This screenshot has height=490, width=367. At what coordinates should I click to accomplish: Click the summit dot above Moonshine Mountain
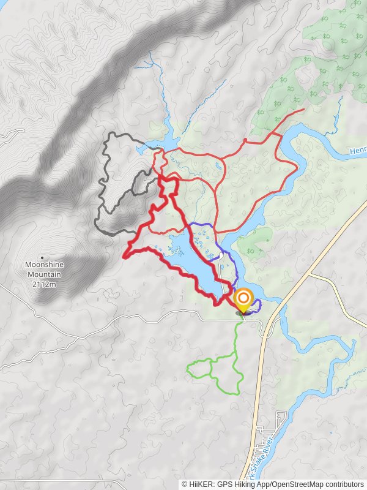42,257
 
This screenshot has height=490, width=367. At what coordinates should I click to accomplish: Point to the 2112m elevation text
44,284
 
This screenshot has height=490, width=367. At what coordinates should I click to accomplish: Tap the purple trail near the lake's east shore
228,257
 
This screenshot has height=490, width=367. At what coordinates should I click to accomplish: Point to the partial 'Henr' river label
357,151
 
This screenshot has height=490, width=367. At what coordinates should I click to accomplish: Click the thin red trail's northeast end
303,110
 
